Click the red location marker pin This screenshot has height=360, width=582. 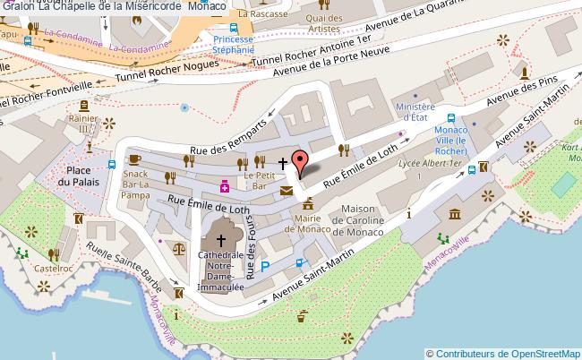point(303,162)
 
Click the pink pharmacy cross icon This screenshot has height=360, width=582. point(224,186)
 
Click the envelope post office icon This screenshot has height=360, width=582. point(286,190)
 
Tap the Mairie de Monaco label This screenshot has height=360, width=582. point(304,222)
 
